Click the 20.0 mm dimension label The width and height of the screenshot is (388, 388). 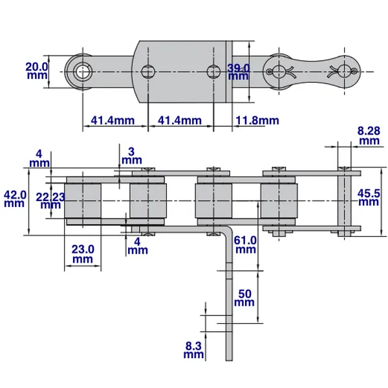pos(37,70)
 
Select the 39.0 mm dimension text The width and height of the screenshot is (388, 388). pos(238,71)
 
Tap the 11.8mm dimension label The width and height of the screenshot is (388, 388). pos(257,120)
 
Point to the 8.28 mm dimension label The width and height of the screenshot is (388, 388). pos(369,135)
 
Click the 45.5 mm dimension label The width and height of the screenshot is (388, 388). pos(369,197)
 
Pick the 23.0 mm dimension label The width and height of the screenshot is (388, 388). pos(82,253)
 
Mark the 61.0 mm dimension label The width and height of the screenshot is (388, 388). pos(244,244)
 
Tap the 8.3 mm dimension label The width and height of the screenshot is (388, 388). pos(193,350)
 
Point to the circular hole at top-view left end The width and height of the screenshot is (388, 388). pos(83,70)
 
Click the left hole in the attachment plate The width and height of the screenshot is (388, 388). pos(148,70)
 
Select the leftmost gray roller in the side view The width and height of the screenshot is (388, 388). pos(83,200)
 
